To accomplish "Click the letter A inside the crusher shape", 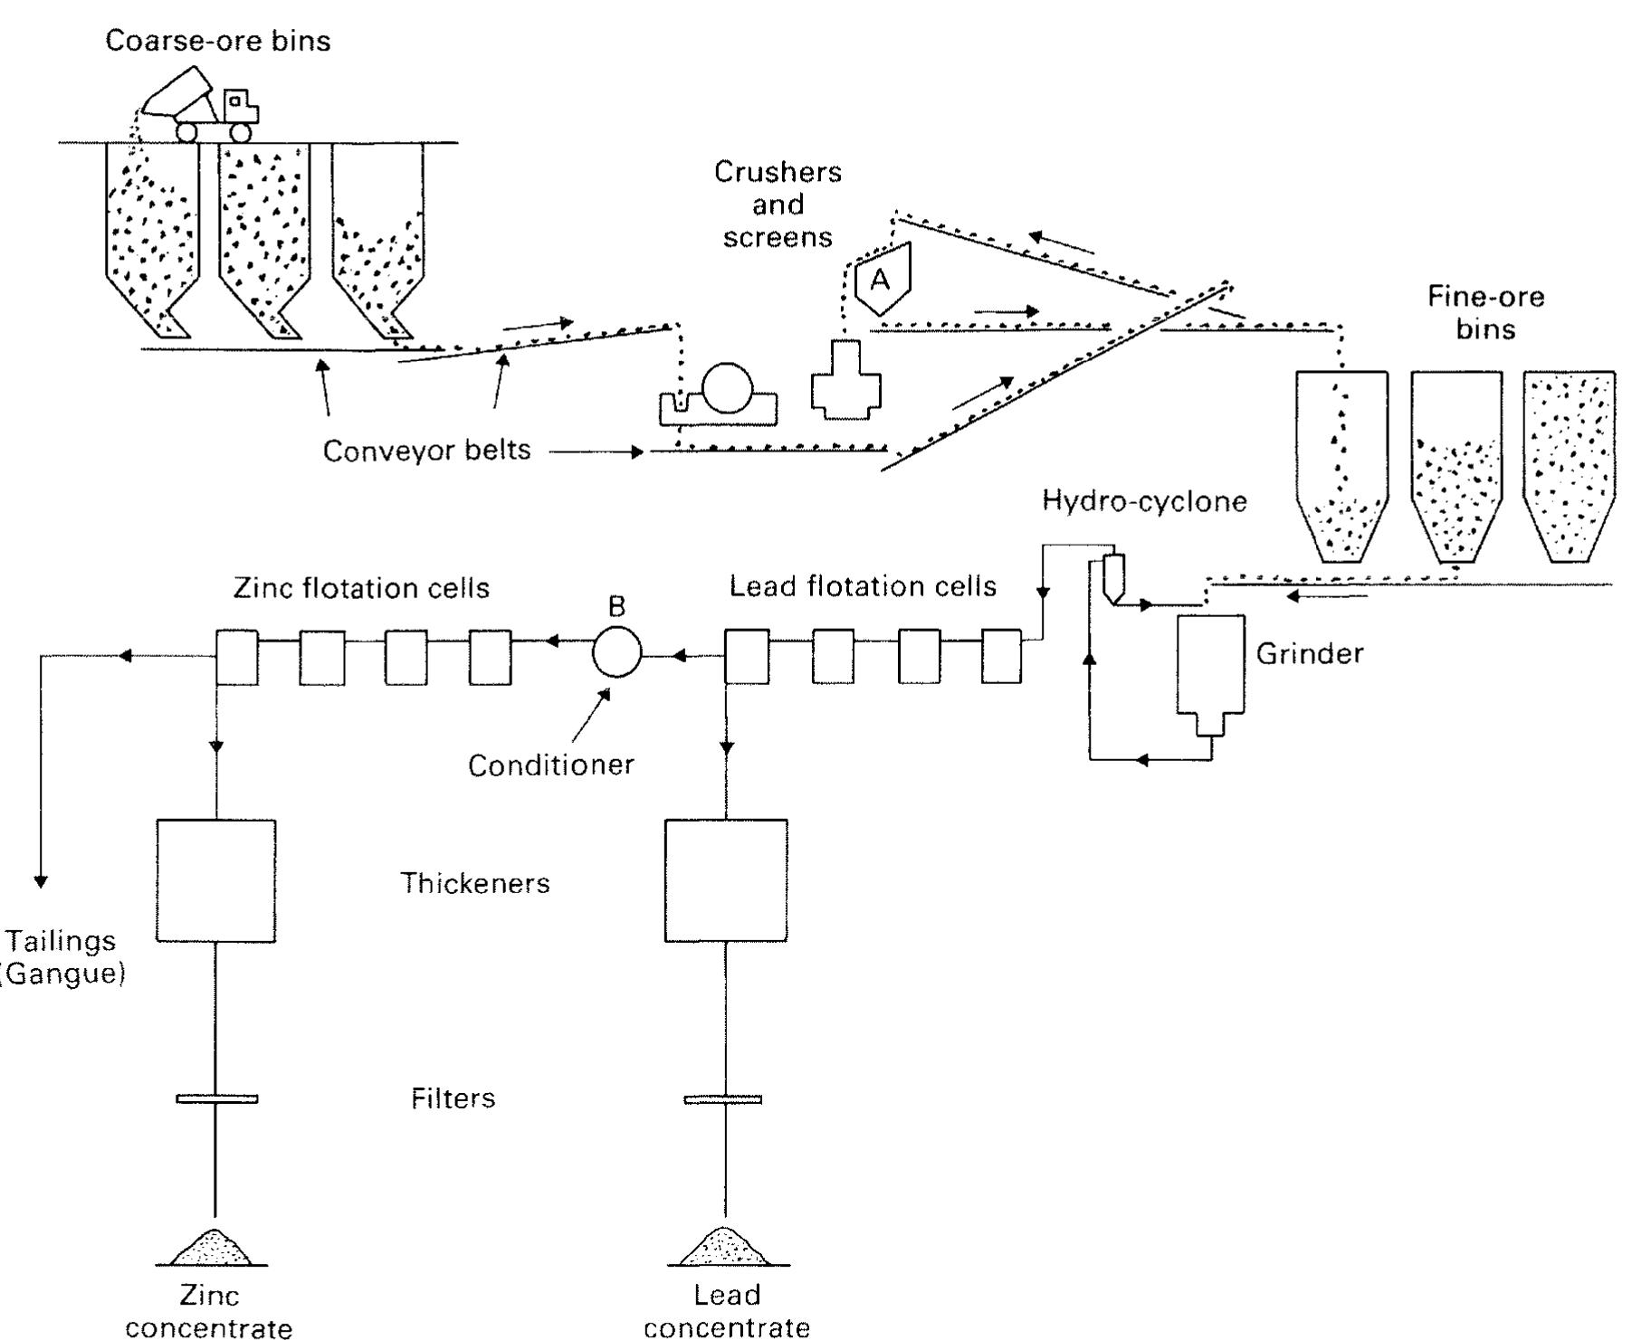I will pyautogui.click(x=879, y=280).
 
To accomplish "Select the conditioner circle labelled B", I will pyautogui.click(x=616, y=651).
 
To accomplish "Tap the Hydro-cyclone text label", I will pyautogui.click(x=1144, y=501).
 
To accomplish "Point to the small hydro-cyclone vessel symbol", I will pyautogui.click(x=1113, y=576).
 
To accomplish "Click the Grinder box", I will pyautogui.click(x=1210, y=665).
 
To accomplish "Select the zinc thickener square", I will pyautogui.click(x=216, y=880).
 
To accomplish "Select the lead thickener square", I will pyautogui.click(x=725, y=880).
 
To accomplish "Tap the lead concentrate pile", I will pyautogui.click(x=724, y=1249).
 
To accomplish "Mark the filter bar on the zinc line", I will pyautogui.click(x=216, y=1098).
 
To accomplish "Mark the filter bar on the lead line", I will pyautogui.click(x=722, y=1099).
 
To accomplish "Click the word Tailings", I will pyautogui.click(x=62, y=941).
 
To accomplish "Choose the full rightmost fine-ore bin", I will pyautogui.click(x=1569, y=461).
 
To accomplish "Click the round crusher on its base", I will pyautogui.click(x=727, y=389).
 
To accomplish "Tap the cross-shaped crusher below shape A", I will pyautogui.click(x=846, y=381).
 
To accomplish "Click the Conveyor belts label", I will pyautogui.click(x=426, y=451).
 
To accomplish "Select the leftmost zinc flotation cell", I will pyautogui.click(x=237, y=658).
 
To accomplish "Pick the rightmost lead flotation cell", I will pyautogui.click(x=1001, y=657).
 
